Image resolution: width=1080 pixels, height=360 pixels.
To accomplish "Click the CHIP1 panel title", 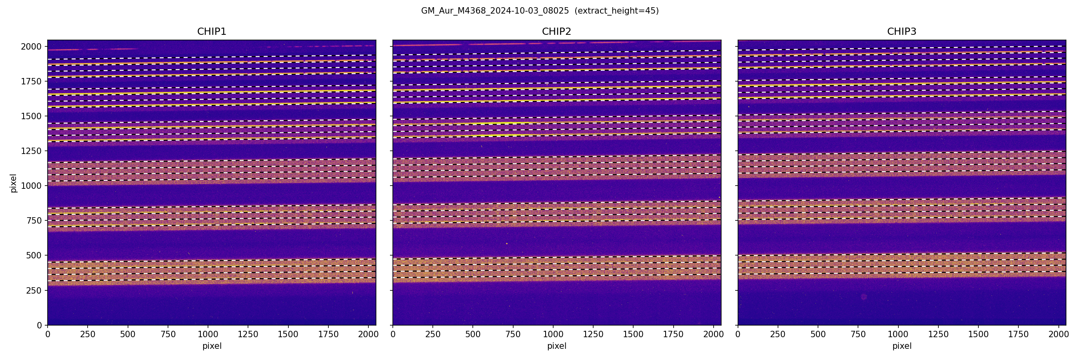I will pyautogui.click(x=212, y=32).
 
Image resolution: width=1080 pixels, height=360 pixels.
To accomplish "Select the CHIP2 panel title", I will pyautogui.click(x=556, y=32).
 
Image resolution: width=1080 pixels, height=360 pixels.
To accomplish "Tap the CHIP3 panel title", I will pyautogui.click(x=901, y=32).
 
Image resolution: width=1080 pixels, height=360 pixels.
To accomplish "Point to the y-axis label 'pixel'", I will pyautogui.click(x=14, y=183).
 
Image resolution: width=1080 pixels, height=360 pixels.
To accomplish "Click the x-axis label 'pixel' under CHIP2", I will pyautogui.click(x=556, y=346).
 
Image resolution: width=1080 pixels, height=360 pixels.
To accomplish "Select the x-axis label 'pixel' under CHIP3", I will pyautogui.click(x=901, y=346).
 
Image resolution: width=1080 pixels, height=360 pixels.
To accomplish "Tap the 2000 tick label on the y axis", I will pyautogui.click(x=31, y=46).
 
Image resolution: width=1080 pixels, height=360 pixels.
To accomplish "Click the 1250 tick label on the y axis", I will pyautogui.click(x=31, y=151).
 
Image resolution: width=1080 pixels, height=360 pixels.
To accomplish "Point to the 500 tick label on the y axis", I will pyautogui.click(x=34, y=255).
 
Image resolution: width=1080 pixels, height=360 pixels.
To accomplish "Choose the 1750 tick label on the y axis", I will pyautogui.click(x=31, y=81).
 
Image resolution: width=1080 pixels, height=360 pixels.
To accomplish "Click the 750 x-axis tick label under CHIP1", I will pyautogui.click(x=168, y=334).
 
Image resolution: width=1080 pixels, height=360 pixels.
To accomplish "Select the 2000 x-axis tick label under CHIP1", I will pyautogui.click(x=368, y=334).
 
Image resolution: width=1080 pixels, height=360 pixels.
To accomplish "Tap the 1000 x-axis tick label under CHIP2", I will pyautogui.click(x=553, y=334).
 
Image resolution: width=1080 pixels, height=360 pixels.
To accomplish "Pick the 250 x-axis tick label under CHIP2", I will pyautogui.click(x=433, y=334).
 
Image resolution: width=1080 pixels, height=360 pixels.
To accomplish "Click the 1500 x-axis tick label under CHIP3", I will pyautogui.click(x=978, y=334).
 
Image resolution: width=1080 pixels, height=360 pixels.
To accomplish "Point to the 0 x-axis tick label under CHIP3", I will pyautogui.click(x=738, y=334).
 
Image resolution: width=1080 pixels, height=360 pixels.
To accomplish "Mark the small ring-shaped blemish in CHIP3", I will pyautogui.click(x=864, y=297).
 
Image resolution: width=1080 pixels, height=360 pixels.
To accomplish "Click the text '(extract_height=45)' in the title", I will pyautogui.click(x=616, y=11).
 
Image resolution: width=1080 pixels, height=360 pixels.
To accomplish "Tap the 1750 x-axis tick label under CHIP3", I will pyautogui.click(x=1018, y=334).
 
